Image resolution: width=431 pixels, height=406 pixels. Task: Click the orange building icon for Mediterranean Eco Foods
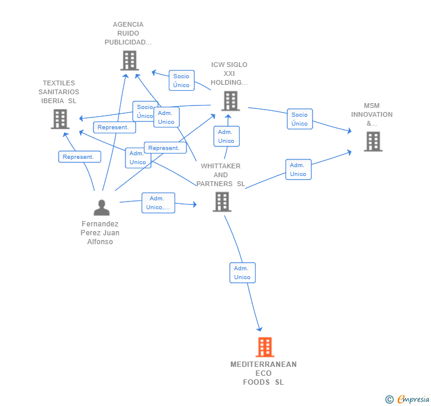tap(265, 347)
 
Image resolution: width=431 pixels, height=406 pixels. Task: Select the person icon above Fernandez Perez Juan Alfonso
tap(101, 207)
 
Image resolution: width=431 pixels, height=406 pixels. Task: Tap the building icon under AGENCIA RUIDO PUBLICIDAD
tap(130, 60)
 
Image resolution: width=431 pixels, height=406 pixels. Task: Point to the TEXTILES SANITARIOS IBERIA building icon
tap(60, 119)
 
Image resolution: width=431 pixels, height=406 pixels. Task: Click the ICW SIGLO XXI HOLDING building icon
tap(231, 101)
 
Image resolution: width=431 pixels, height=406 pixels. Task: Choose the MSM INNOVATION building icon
tap(373, 142)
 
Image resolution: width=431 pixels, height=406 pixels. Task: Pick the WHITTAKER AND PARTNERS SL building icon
tap(222, 202)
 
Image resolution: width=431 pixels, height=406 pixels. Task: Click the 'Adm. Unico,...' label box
tap(158, 203)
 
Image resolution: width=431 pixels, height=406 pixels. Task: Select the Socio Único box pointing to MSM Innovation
tap(300, 119)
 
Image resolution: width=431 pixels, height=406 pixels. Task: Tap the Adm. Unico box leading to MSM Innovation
tap(298, 170)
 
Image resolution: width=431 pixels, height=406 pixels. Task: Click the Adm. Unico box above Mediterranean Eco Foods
tap(243, 273)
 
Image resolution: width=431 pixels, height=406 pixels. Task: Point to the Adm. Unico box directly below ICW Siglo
tap(227, 136)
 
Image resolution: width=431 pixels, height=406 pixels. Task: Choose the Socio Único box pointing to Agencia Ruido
tap(181, 81)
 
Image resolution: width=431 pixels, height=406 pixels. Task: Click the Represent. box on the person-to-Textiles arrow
tap(79, 156)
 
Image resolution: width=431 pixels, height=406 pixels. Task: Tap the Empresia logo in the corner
tap(407, 399)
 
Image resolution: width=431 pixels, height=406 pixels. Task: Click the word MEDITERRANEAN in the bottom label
tap(263, 364)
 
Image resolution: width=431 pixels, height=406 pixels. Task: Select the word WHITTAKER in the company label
tap(221, 166)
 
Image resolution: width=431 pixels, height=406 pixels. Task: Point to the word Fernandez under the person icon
tap(100, 224)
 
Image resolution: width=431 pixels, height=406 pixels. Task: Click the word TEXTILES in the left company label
tap(59, 83)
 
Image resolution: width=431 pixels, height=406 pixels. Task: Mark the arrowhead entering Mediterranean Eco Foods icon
tap(260, 329)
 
